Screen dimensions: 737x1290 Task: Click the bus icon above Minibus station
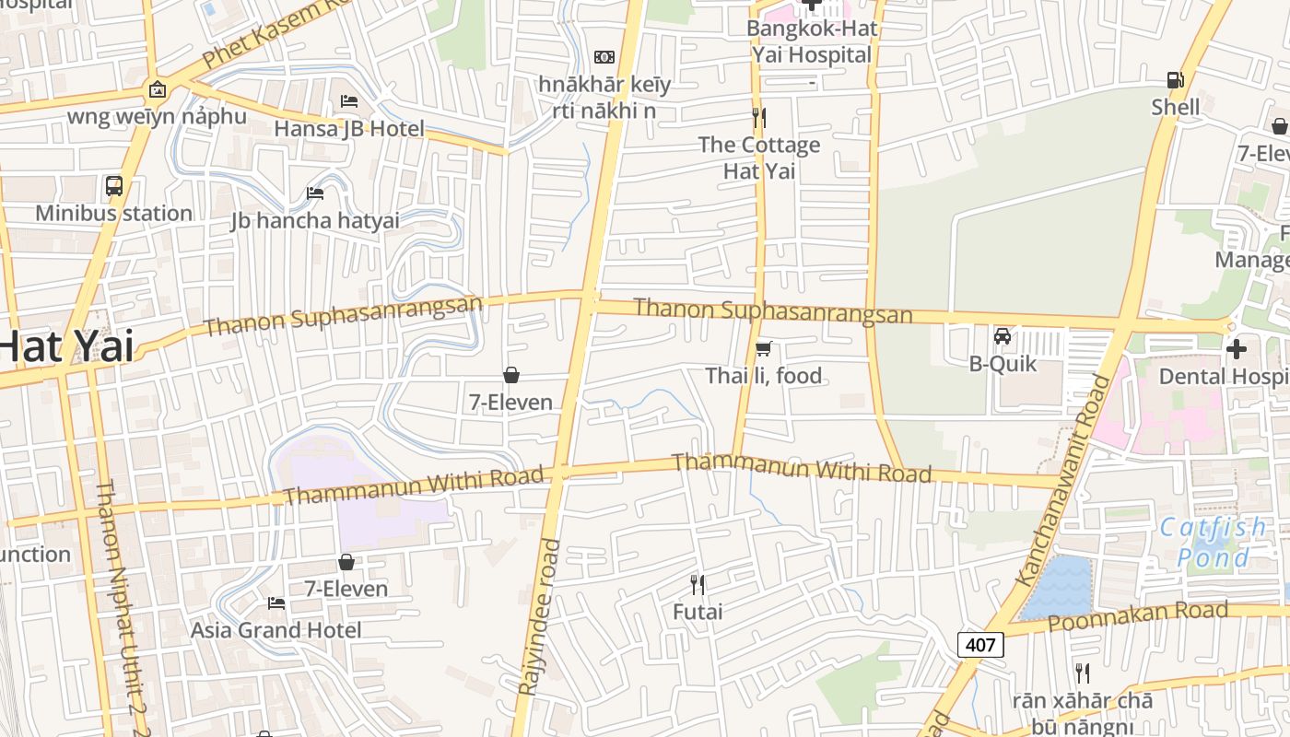click(x=114, y=186)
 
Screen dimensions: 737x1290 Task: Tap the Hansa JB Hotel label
click(x=348, y=129)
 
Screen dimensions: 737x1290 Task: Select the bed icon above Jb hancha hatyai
click(x=315, y=193)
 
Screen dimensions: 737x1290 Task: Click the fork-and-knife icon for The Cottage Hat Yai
click(x=759, y=118)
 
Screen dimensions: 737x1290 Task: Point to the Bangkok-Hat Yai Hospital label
click(x=811, y=41)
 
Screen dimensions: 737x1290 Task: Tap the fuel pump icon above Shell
click(x=1175, y=81)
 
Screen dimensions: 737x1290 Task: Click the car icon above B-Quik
click(x=1003, y=336)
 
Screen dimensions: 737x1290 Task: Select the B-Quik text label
click(x=1003, y=364)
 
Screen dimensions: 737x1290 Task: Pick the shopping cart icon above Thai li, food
click(x=763, y=348)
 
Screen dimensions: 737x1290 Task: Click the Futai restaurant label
click(x=698, y=612)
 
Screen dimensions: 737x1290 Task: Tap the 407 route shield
click(x=980, y=644)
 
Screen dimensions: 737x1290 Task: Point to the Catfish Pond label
click(x=1213, y=543)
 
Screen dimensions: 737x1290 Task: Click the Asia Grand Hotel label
click(x=276, y=630)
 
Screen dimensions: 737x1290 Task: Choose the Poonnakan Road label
click(x=1137, y=616)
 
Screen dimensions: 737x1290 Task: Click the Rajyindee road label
click(x=539, y=617)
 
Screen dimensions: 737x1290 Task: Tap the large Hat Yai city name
click(x=66, y=348)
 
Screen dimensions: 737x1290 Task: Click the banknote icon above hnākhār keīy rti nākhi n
click(x=604, y=57)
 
